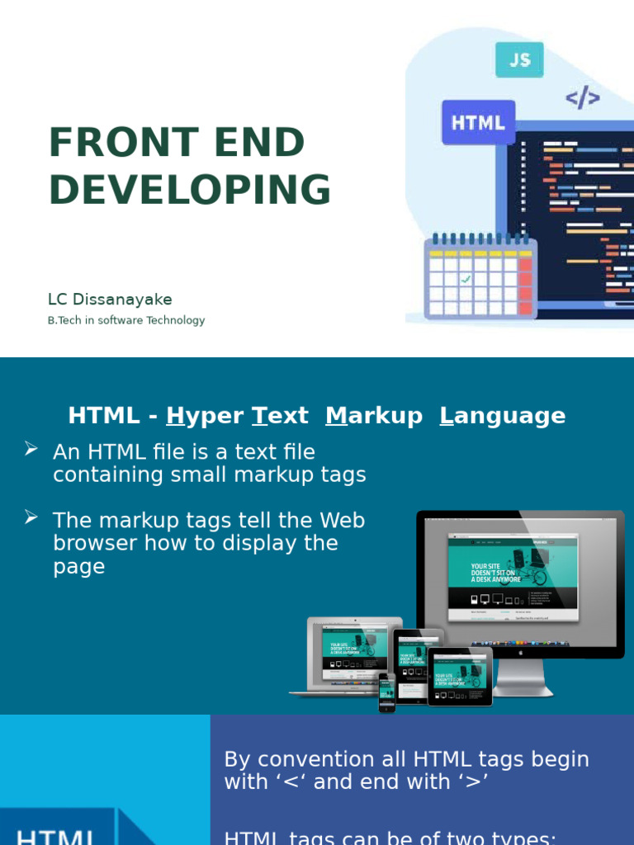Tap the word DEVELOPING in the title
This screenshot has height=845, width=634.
coord(190,191)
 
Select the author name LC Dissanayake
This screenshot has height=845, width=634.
coord(110,300)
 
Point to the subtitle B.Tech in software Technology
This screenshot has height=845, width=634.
coord(126,320)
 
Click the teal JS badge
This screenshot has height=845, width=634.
coord(519,59)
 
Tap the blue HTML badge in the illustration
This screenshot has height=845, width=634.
coord(478,123)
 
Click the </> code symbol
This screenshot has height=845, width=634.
coord(582,98)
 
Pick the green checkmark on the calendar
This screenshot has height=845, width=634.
coord(466,280)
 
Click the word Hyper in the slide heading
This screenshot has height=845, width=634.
coord(206,416)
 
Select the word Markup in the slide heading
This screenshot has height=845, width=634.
coord(374,416)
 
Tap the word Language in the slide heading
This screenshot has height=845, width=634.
coord(503,416)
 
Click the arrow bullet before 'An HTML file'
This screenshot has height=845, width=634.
coord(31,449)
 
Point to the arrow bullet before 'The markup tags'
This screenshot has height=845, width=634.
coord(31,517)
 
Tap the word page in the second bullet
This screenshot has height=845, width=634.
coord(78,567)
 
